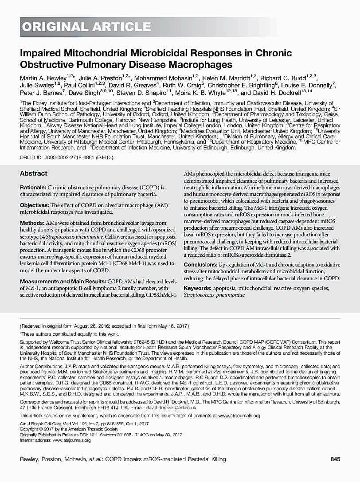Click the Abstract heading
click(34, 173)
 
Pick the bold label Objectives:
click(35, 205)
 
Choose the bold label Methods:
click(32, 223)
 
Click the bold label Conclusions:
click(201, 265)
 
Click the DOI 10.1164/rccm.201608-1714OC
click(102, 435)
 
